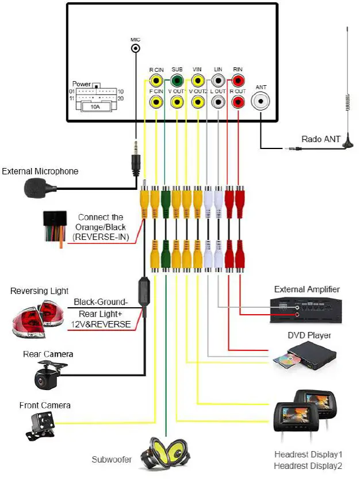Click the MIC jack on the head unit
click(x=135, y=49)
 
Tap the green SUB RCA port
click(x=177, y=81)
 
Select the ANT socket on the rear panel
click(x=262, y=102)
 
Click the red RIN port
click(x=238, y=81)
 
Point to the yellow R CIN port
click(x=156, y=81)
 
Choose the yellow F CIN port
click(x=156, y=102)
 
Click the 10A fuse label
click(x=94, y=106)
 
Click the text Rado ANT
click(x=321, y=139)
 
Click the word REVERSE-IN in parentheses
click(x=101, y=236)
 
